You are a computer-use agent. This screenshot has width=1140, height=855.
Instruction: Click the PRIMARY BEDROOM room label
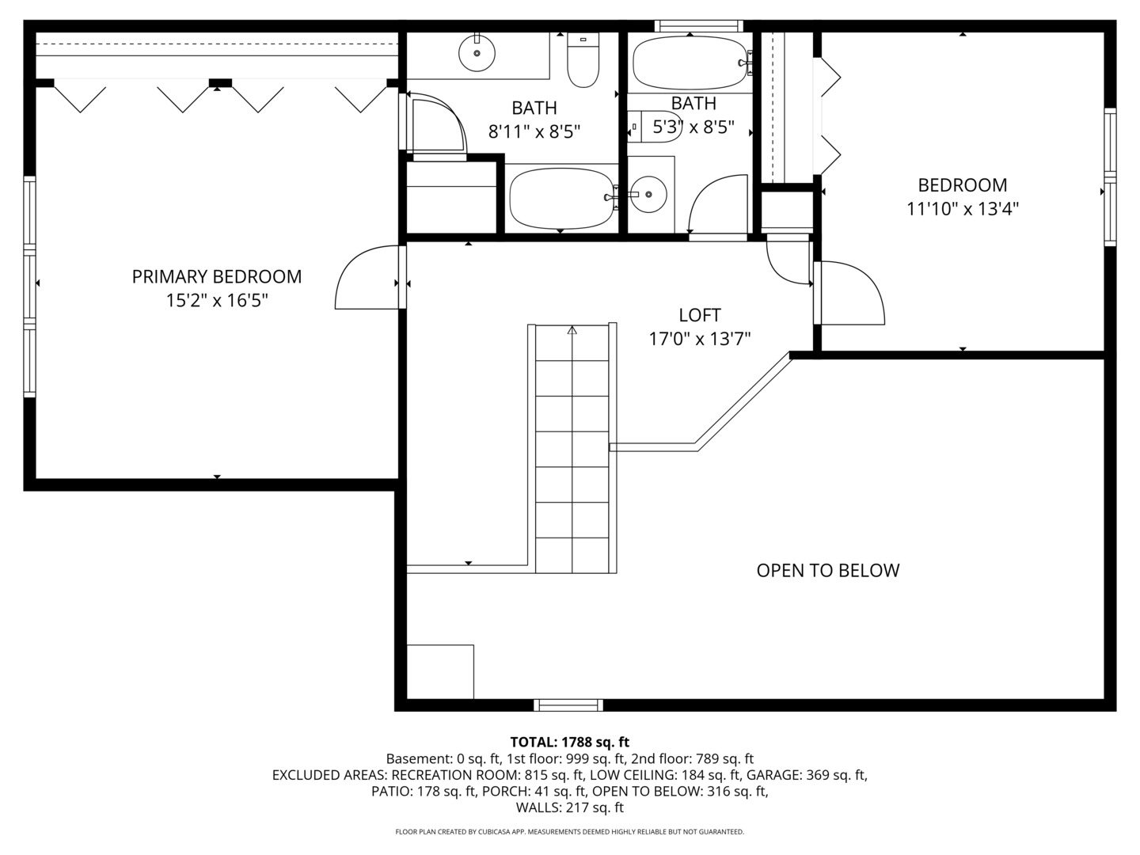pos(216,276)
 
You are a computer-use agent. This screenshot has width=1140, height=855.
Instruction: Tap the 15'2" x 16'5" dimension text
pos(216,301)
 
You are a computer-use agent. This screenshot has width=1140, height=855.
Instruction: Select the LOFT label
pos(700,315)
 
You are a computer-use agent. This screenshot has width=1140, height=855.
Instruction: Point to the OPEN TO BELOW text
pos(827,571)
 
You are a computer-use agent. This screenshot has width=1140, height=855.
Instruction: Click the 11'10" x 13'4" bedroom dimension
pos(962,210)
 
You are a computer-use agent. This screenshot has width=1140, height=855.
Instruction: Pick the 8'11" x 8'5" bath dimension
pos(534,131)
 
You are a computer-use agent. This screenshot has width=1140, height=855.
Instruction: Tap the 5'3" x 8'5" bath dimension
pos(693,127)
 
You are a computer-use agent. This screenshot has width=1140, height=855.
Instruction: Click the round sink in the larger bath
pos(477,53)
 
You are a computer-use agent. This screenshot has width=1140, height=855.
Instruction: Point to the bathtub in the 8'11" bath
pos(560,197)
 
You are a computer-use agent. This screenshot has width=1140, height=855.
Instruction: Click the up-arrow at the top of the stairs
pos(572,330)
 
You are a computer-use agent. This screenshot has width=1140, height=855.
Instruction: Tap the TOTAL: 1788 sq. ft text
pos(569,743)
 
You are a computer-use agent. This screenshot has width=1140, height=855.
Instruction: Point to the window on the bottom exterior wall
pos(568,705)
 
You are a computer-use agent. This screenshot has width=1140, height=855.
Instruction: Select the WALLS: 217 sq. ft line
pos(569,808)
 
